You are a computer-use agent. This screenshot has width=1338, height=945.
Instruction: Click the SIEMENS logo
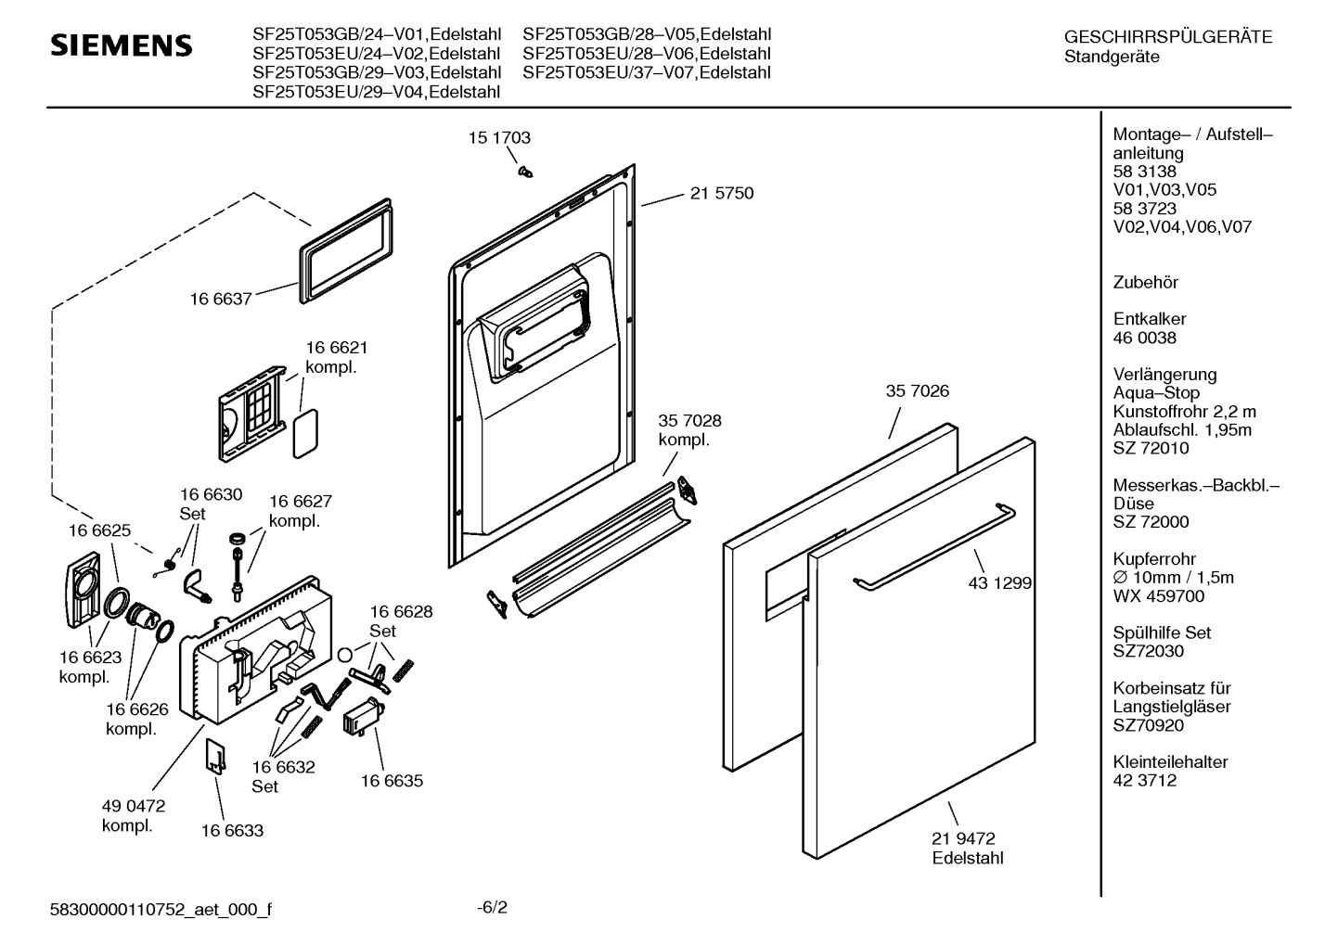coord(121,45)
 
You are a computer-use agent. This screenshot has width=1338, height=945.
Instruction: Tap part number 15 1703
coord(499,138)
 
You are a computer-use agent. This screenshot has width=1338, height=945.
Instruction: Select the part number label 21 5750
coord(721,194)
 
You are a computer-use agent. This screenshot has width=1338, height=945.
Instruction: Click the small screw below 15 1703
coord(525,171)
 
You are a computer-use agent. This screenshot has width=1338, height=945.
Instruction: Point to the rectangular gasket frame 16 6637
coord(344,249)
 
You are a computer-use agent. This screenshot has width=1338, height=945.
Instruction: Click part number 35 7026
coord(917,391)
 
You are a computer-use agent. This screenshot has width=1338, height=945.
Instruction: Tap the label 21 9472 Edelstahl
coord(968,849)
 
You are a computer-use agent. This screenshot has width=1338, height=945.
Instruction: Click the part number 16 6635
coord(392,781)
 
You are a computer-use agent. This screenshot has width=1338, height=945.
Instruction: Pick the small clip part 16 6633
coord(214,756)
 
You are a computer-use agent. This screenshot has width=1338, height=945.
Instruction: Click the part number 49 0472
coord(134,807)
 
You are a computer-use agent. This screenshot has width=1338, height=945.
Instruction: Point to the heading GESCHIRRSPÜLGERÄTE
coord(1168,38)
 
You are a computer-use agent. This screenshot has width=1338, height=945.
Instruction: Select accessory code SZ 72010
coord(1151,449)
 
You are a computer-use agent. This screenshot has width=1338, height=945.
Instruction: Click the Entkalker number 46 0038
coord(1144,338)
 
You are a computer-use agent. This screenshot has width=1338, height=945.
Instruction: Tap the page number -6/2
coord(492,907)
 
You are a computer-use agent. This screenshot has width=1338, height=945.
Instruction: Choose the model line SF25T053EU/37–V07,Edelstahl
coord(647,72)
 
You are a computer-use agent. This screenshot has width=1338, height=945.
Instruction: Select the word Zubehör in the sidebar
coord(1145,283)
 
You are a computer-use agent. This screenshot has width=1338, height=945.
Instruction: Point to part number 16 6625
coord(99,531)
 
